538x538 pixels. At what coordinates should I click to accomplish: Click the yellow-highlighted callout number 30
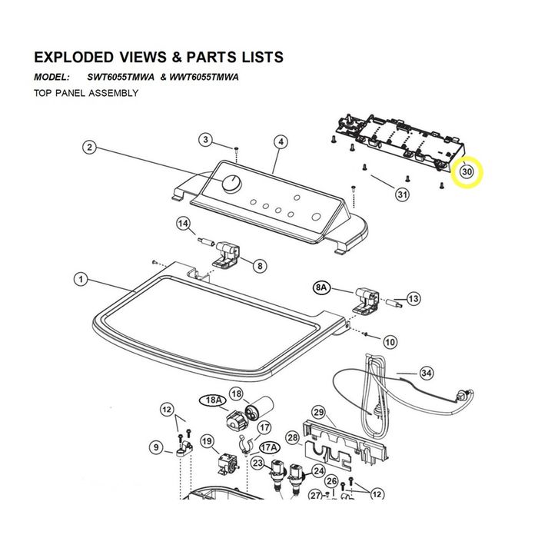coord(467,171)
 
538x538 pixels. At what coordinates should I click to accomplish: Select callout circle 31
coord(403,195)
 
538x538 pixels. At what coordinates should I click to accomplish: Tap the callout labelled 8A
coord(321,287)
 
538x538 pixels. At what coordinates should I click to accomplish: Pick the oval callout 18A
coord(213,400)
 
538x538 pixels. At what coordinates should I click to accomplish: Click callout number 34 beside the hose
coord(426,373)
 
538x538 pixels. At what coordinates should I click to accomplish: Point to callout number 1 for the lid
coord(81,279)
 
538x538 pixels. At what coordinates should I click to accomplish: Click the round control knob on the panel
coord(232,183)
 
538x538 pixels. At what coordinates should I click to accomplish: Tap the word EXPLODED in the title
coord(74,58)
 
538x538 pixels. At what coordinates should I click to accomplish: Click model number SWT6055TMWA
coord(121,77)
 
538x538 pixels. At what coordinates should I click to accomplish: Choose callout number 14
coord(183,224)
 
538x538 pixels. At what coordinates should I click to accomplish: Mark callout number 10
coord(390,342)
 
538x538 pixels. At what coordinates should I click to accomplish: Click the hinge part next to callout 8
coord(226,255)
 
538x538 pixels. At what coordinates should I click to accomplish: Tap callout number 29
coord(319,412)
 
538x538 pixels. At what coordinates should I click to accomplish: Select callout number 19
coord(207,441)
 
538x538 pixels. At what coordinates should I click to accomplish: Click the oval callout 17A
coord(269,447)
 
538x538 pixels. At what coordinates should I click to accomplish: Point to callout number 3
coord(205,140)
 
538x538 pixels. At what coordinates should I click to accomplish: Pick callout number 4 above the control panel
coord(281,141)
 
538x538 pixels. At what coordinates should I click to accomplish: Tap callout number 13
coord(413,298)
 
